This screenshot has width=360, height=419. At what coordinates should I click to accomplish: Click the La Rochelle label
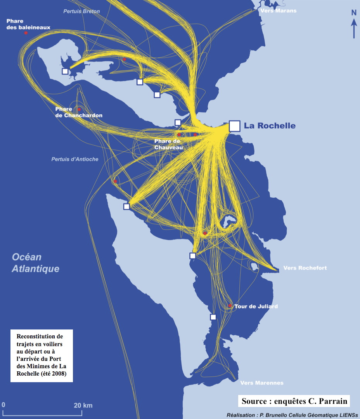[270, 126]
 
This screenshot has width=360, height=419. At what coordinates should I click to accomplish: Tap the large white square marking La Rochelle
[234, 126]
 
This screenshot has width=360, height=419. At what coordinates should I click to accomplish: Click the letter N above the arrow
[354, 12]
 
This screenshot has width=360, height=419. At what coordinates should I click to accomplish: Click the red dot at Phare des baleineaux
[26, 33]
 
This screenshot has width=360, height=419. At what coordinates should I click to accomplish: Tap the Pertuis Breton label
[81, 11]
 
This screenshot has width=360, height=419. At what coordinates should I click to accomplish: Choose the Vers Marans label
[278, 10]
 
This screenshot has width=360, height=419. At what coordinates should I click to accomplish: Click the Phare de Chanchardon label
[79, 112]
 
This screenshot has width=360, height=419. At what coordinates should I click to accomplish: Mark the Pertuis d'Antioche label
[75, 159]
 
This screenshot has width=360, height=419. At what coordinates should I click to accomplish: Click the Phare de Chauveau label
[168, 144]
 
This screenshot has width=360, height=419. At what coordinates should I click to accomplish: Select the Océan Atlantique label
[35, 263]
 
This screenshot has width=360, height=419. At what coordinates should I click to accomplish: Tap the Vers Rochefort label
[305, 268]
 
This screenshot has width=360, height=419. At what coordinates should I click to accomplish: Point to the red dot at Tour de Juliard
[230, 306]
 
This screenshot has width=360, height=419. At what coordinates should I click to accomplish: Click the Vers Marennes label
[262, 383]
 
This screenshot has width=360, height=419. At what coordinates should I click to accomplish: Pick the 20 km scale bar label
[83, 405]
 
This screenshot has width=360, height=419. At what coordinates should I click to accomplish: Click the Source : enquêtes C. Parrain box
[294, 401]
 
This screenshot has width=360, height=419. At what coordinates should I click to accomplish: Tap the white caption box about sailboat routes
[42, 355]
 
